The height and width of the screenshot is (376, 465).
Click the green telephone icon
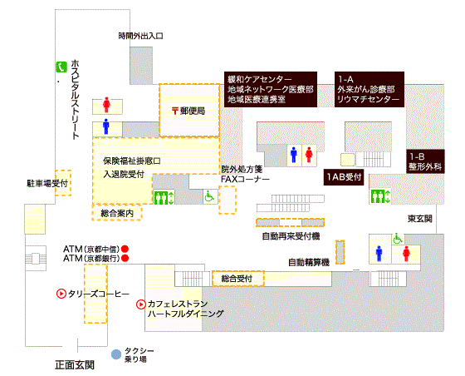click(61, 67)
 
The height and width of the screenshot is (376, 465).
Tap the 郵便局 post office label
click(188, 111)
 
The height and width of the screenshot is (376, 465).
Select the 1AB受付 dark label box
click(344, 177)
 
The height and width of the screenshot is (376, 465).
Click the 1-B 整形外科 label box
click(425, 161)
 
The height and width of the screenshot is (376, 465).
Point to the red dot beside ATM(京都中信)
click(125, 249)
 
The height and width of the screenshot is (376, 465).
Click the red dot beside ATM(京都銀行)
click(125, 258)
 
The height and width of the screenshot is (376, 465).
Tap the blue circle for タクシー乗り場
click(116, 354)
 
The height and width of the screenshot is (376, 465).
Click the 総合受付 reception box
click(238, 279)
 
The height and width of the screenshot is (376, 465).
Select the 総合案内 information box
click(117, 213)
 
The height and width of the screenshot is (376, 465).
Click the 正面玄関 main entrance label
click(75, 364)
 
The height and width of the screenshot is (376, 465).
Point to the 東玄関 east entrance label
click(420, 219)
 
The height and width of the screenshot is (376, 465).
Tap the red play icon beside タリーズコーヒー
click(61, 294)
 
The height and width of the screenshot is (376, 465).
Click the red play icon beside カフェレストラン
click(141, 304)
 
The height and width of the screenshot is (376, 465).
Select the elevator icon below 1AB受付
click(380, 196)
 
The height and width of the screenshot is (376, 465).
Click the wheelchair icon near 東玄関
click(398, 239)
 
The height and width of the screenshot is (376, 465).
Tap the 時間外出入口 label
click(141, 36)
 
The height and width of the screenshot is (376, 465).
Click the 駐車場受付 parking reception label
click(47, 184)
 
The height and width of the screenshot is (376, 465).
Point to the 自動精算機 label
click(309, 262)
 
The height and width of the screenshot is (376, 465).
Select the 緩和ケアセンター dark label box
click(271, 89)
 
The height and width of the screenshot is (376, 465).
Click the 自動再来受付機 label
click(291, 236)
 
